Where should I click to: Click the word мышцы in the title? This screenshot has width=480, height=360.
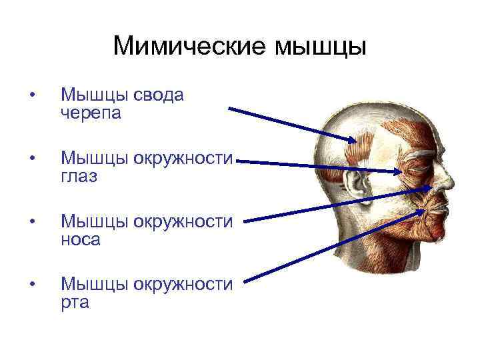(x=320, y=47)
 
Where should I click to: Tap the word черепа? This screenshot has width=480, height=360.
(x=91, y=113)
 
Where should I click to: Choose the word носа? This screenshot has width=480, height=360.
(x=80, y=239)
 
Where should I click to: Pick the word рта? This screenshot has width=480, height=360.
(x=75, y=303)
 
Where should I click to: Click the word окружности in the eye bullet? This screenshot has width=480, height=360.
(x=183, y=159)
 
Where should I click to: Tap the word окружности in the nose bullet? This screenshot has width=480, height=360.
(x=183, y=222)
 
